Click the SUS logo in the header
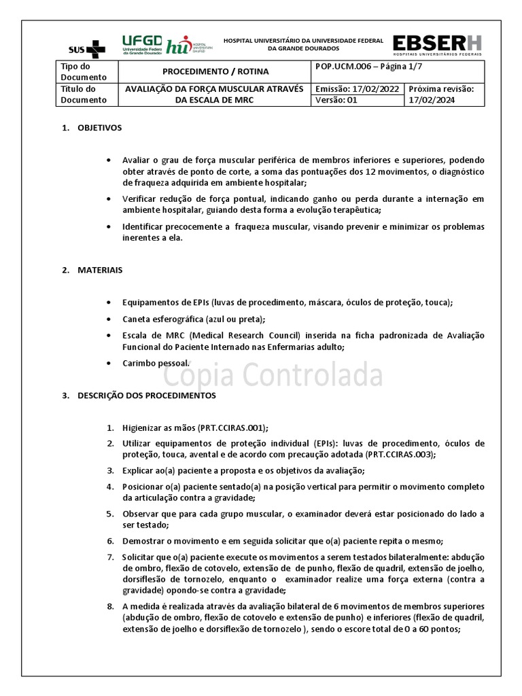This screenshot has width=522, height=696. point(87,48)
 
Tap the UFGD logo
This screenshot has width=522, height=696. point(141,44)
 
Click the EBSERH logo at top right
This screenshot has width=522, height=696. point(438,44)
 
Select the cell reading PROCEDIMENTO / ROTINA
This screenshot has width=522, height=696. point(215,71)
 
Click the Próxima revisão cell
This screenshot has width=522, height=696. point(445,94)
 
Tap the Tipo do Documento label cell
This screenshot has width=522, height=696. point(80,71)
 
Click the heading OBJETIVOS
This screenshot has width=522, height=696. point(99,128)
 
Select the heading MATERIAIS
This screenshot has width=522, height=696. point(100,270)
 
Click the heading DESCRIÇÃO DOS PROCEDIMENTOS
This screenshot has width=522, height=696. point(146,395)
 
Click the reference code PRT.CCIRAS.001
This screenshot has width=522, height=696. point(232,428)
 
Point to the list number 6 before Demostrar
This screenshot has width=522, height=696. point(110,541)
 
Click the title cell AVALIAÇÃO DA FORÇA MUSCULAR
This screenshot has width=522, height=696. point(215,88)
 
